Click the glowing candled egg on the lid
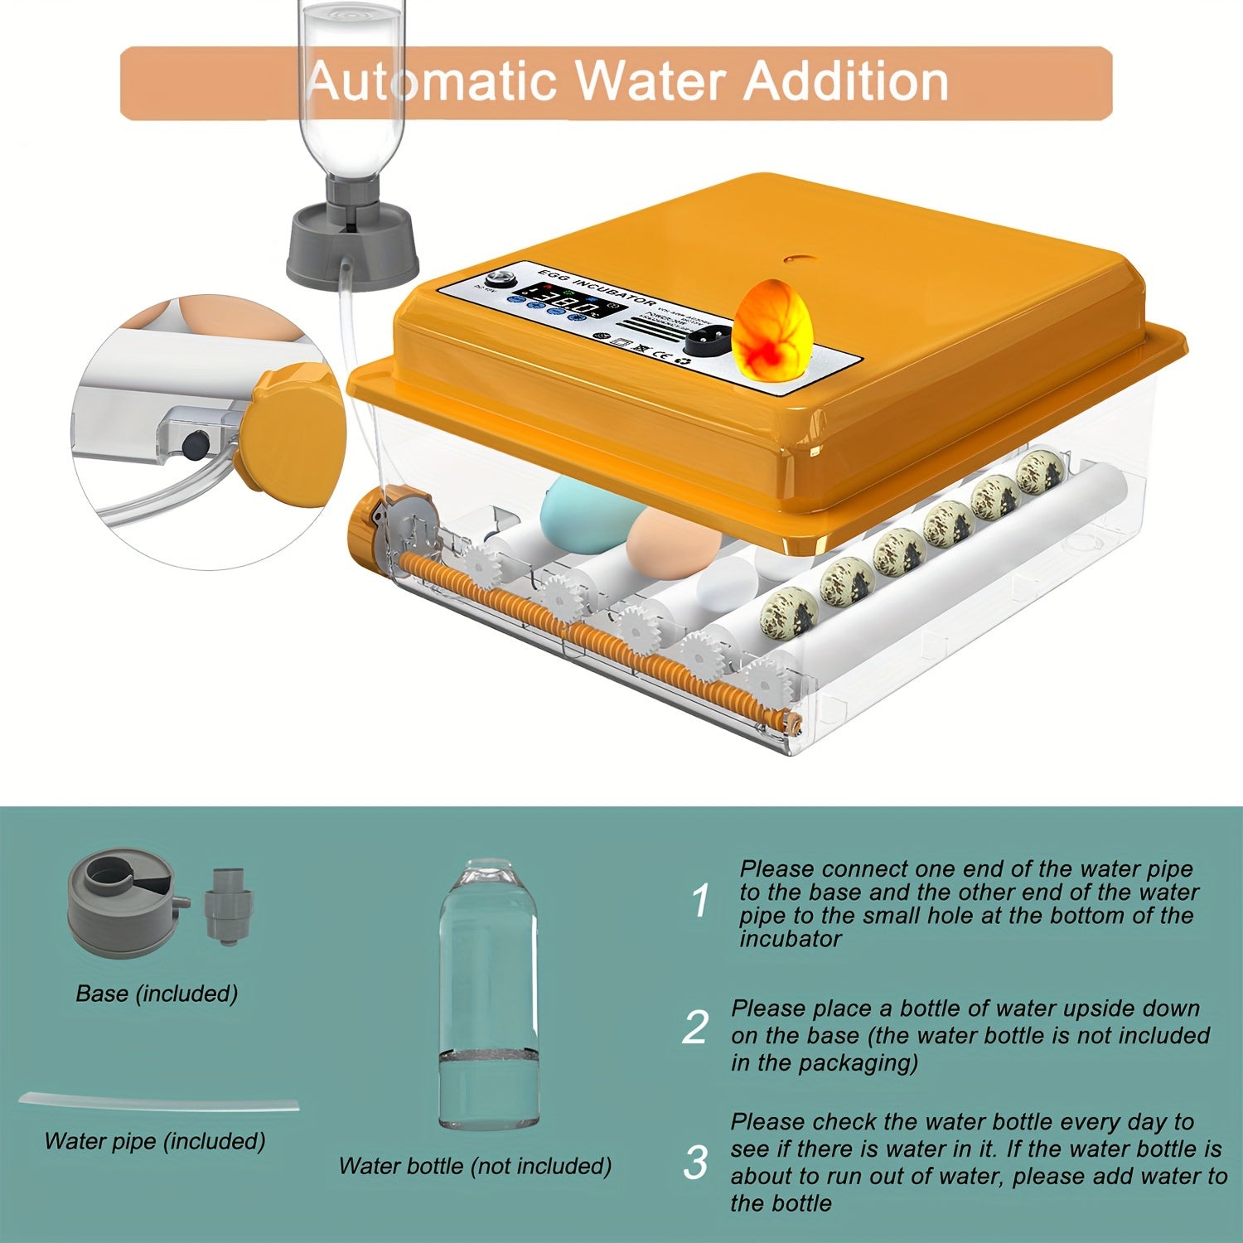(x=774, y=330)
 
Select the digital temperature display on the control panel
(x=563, y=300)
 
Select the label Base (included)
(x=157, y=993)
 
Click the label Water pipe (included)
(x=155, y=1141)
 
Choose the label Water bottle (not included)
(x=475, y=1166)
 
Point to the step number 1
(x=700, y=902)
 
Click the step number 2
(x=695, y=1028)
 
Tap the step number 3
(x=696, y=1163)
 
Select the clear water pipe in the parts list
(x=157, y=1103)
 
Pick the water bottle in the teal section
(x=487, y=994)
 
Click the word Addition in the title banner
(x=845, y=81)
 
